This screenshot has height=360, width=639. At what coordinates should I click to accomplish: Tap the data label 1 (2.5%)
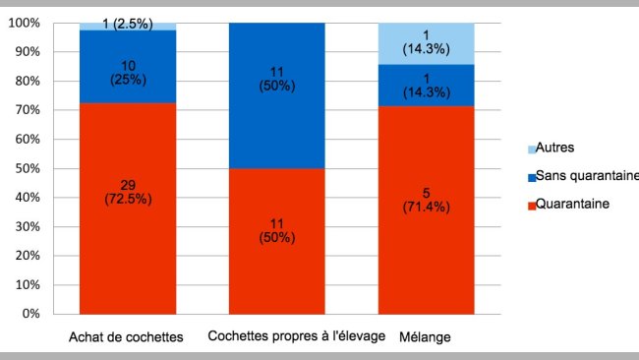[128, 25]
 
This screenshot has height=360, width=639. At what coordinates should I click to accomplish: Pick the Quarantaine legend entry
[576, 206]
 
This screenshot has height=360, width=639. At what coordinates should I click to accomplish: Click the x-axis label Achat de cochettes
[126, 337]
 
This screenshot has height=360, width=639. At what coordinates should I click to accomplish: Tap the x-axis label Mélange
[426, 337]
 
